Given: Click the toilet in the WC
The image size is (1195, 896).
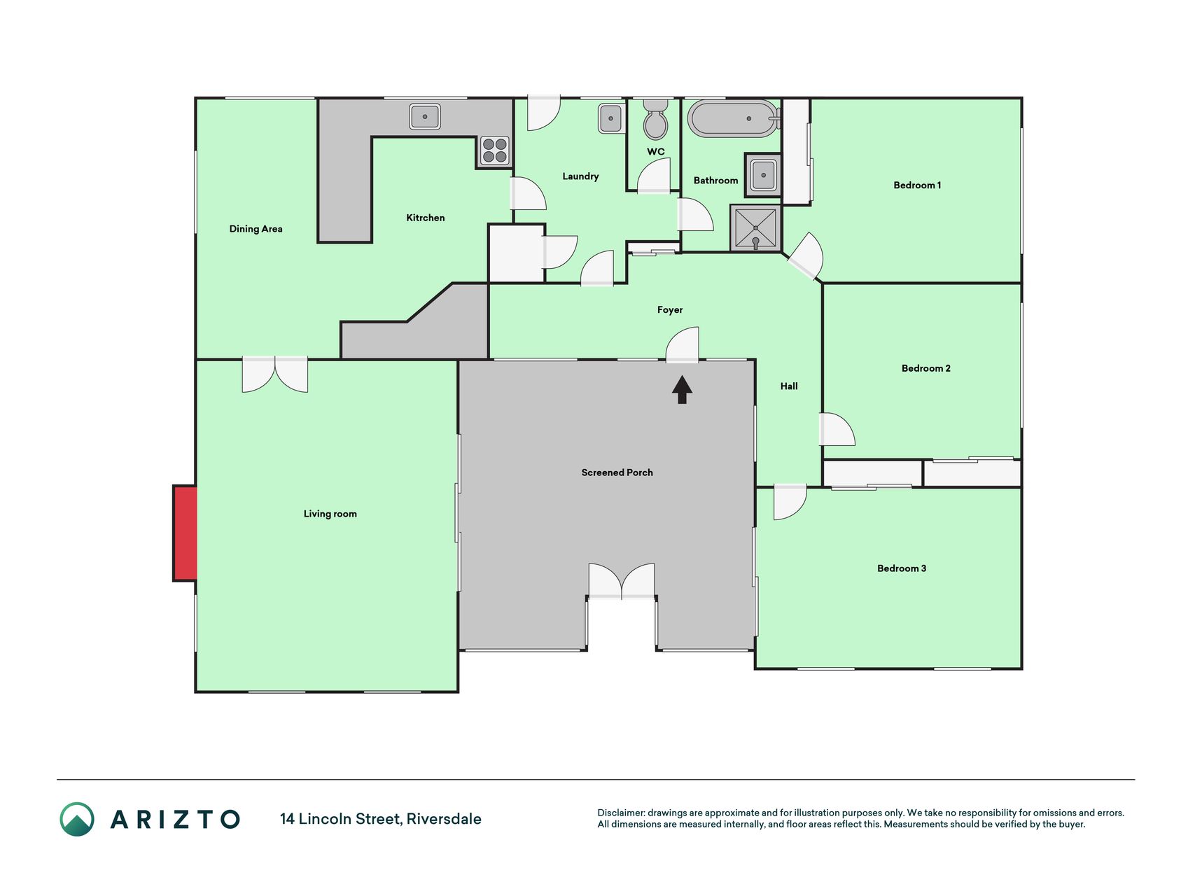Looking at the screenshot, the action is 655,120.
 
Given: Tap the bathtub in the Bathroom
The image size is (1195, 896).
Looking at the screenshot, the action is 733,119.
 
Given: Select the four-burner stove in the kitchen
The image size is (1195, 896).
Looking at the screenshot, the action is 495,151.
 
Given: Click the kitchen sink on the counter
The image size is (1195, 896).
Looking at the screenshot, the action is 425,116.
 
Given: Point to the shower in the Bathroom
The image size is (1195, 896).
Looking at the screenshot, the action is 755,227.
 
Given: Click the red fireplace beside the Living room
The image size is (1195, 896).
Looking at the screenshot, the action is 186,533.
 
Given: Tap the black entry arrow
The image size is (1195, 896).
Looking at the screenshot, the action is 682,390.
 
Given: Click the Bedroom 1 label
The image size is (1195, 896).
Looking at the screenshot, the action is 917,185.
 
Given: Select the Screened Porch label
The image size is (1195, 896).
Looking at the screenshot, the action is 617,472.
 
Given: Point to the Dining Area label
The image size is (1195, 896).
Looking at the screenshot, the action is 256,229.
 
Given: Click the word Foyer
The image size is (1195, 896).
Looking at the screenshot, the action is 669,310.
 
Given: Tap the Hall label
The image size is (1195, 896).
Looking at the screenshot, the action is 789,386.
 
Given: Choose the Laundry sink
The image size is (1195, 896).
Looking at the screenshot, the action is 610,118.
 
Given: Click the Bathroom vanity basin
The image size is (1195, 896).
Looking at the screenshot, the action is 763,175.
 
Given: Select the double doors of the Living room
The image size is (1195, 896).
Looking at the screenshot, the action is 274,374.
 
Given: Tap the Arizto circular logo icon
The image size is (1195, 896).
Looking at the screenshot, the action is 77,819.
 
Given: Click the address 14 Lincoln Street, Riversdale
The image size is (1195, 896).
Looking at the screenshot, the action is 381,819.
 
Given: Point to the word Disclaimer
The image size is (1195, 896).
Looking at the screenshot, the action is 621,813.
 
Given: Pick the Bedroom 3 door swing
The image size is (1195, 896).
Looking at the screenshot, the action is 790,503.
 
